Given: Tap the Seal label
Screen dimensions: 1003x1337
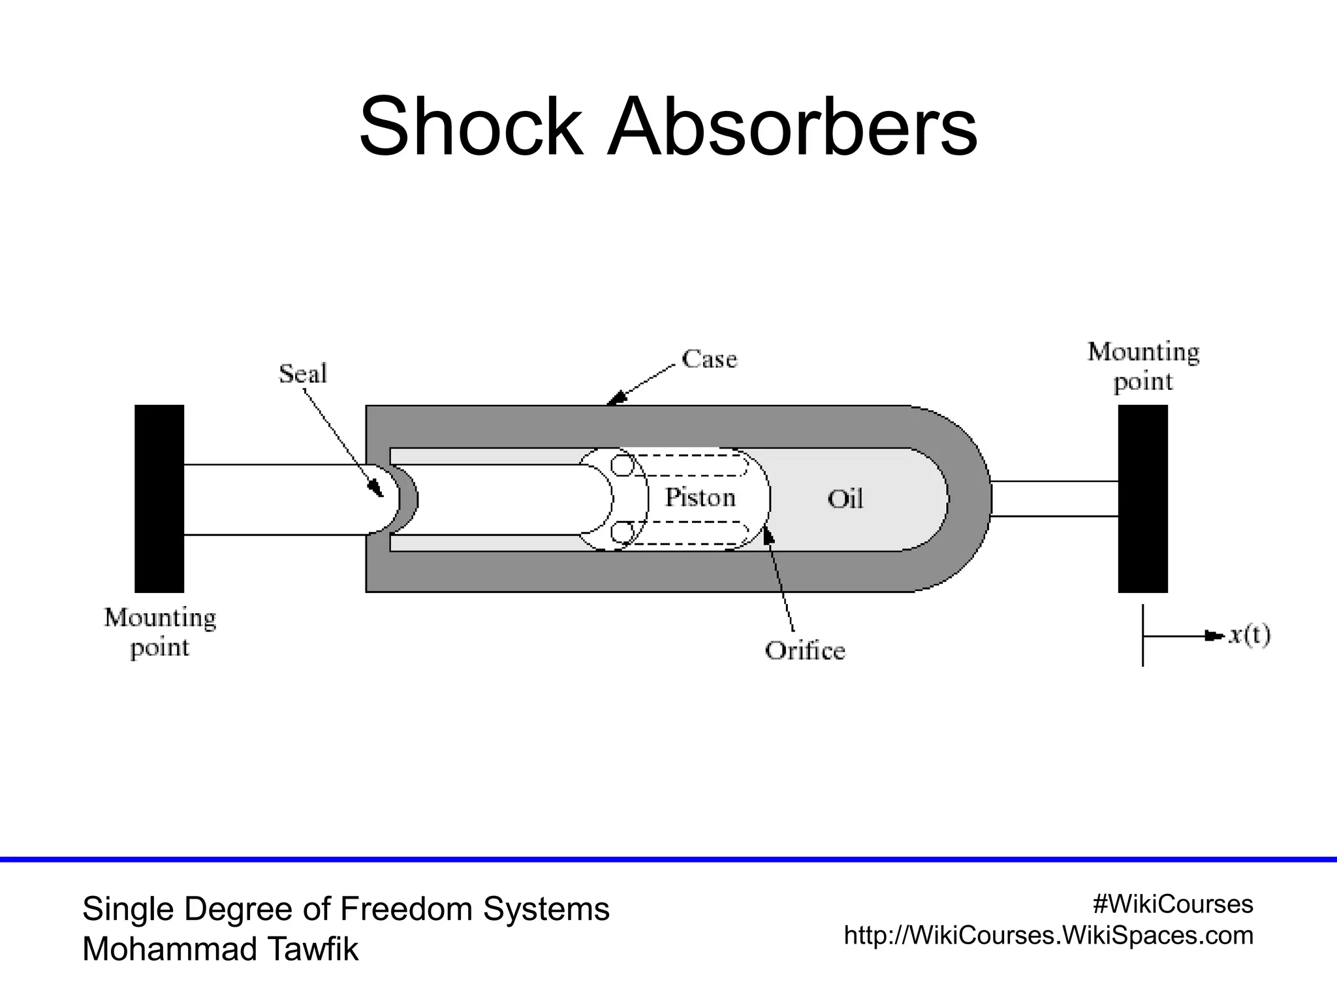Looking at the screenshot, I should click(302, 374).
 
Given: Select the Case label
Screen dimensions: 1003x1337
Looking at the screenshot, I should click(709, 359).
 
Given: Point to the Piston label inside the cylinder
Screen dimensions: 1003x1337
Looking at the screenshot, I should click(700, 498).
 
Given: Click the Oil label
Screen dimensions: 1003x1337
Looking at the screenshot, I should click(845, 500).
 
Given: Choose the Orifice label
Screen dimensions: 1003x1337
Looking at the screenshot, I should click(804, 650).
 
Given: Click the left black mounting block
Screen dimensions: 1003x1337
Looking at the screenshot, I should click(159, 498).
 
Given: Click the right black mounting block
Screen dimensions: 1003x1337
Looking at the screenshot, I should click(1142, 498).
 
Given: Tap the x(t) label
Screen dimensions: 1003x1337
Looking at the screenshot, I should click(1249, 635).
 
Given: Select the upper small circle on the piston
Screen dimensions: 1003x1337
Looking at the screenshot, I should click(622, 466).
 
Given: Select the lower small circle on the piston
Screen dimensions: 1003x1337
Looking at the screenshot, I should click(622, 532).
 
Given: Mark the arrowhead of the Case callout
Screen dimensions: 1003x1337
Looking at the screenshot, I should click(615, 398).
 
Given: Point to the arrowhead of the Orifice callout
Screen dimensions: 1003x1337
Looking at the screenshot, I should click(768, 536).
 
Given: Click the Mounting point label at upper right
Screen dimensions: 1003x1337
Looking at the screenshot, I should click(1143, 366).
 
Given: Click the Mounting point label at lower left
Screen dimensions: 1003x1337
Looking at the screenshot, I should click(160, 632).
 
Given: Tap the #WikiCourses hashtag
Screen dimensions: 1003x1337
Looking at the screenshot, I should click(1172, 904).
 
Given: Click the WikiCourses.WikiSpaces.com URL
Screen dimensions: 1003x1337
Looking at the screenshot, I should click(1048, 935).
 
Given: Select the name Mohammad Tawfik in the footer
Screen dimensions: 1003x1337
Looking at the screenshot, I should click(220, 949).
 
